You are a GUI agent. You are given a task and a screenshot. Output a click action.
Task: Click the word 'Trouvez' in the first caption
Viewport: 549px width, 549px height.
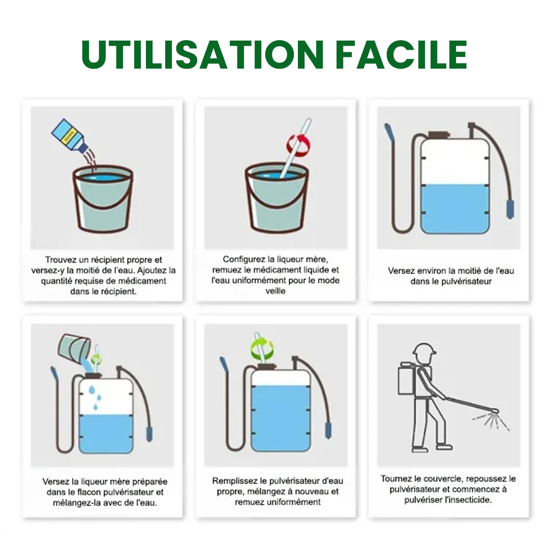(59, 260)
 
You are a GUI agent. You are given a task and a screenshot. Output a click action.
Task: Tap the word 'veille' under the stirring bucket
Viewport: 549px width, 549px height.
(276, 291)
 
